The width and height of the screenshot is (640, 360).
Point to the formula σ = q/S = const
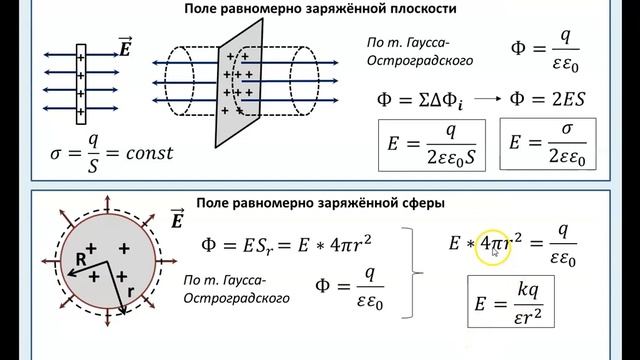[110, 154]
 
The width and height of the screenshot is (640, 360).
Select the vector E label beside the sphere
[177, 218]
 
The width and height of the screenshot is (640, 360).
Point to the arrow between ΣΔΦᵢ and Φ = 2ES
[485, 99]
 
